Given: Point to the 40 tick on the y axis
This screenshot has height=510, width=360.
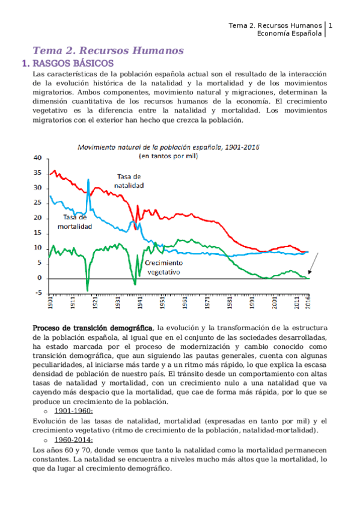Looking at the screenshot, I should pyautogui.click(x=38, y=158).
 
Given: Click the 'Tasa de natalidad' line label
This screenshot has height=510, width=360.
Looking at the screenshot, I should pyautogui.click(x=129, y=181).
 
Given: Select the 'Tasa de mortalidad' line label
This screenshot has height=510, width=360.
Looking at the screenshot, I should pyautogui.click(x=75, y=222).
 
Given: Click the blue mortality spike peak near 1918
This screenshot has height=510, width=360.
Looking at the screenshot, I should pyautogui.click(x=88, y=180).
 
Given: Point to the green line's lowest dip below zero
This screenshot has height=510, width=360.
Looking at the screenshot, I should pyautogui.click(x=87, y=290).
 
